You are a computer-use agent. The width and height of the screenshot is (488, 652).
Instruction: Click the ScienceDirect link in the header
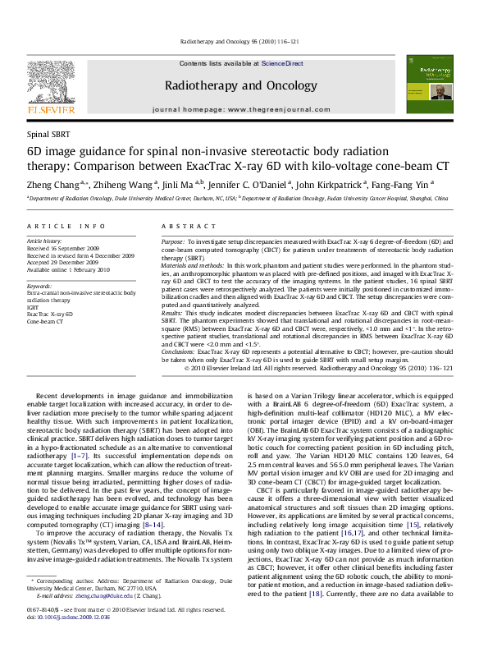[x=284, y=63]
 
